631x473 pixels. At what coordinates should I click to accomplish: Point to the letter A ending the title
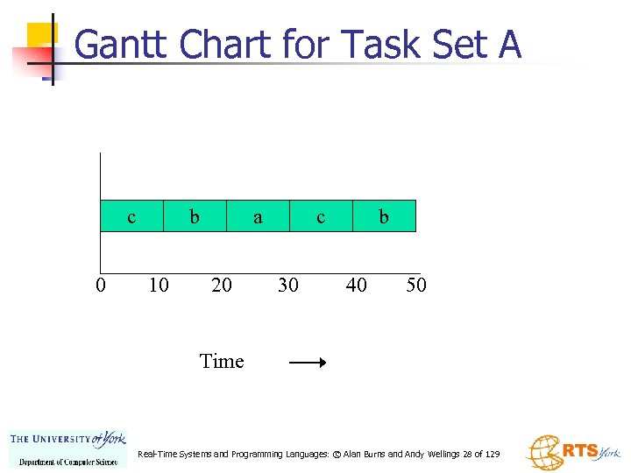point(509,43)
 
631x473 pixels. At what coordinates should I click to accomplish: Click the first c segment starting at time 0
point(132,215)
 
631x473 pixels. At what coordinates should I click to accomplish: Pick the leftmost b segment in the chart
point(195,215)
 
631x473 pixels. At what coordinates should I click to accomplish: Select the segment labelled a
point(258,215)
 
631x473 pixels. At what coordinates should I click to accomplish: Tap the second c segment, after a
point(321,215)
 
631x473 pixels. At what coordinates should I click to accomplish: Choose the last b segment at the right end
point(384,215)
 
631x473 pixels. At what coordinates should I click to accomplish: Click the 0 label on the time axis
point(101,286)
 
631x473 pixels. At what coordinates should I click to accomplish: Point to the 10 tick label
point(159,286)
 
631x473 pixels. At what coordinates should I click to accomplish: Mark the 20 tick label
point(222,286)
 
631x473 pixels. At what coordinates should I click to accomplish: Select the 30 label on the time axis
point(287,286)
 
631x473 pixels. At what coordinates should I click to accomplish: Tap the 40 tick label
point(356,286)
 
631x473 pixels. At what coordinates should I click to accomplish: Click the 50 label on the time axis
point(416,286)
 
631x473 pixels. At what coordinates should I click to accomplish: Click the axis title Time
point(222,361)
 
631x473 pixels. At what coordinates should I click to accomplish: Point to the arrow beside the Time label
point(308,362)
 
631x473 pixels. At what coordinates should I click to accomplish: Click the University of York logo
point(67,448)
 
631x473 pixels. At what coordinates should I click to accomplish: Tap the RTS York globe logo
point(572,452)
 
